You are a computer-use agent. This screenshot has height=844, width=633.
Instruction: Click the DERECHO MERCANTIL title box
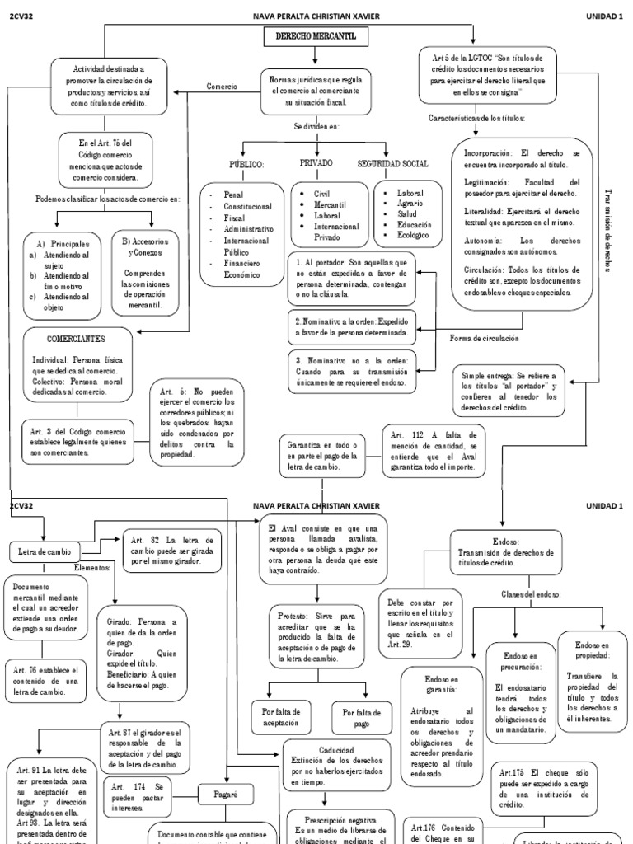click(316, 37)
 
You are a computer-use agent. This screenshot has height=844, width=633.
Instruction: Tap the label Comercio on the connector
click(222, 87)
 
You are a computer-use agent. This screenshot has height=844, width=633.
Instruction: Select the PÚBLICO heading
click(246, 165)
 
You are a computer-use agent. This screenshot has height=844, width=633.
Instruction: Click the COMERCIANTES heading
click(76, 339)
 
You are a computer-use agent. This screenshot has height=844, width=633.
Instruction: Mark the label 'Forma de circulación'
click(485, 338)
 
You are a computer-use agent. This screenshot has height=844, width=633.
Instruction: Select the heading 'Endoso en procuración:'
click(513, 660)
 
